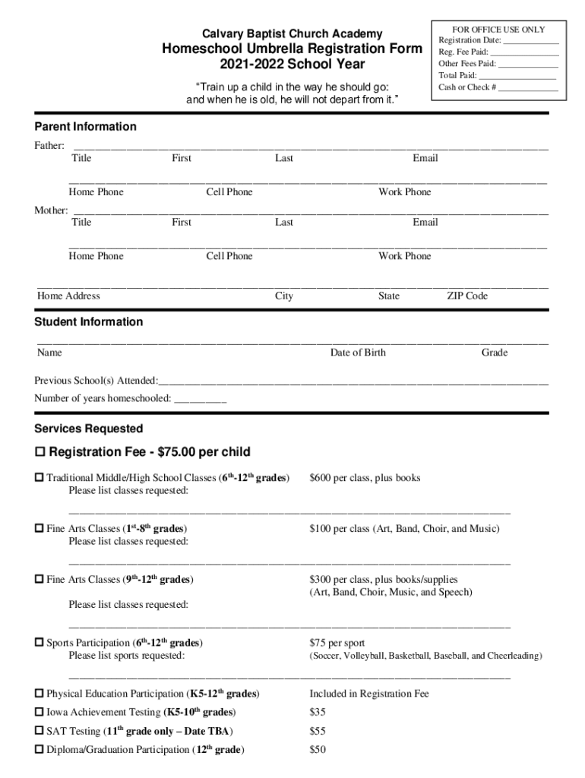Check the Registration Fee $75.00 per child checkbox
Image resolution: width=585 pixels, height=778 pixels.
tap(40, 453)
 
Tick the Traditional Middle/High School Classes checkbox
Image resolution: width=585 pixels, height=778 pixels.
tap(39, 478)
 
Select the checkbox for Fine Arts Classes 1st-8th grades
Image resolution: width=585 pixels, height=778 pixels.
tap(39, 528)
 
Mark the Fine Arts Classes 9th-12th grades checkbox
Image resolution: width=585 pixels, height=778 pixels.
tap(39, 580)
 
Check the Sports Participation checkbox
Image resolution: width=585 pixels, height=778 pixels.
tap(39, 643)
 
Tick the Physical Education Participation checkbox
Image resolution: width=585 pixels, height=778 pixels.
tap(39, 694)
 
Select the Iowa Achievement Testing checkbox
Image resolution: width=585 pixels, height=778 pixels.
tap(39, 713)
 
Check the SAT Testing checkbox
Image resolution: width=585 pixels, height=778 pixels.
tap(39, 731)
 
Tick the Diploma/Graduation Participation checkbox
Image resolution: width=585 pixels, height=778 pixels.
tap(39, 750)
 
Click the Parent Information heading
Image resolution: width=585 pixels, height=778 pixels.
tap(85, 126)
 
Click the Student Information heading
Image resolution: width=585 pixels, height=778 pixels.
tap(88, 321)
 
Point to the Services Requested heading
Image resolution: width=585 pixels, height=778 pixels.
tap(88, 429)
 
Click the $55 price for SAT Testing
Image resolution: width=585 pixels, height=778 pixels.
tap(318, 731)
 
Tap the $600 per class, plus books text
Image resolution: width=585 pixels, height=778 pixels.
tap(365, 478)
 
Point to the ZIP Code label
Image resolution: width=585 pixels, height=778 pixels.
tap(467, 296)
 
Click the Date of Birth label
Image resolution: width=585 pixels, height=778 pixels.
tap(358, 353)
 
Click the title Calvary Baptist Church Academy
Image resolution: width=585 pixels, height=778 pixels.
tap(292, 33)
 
